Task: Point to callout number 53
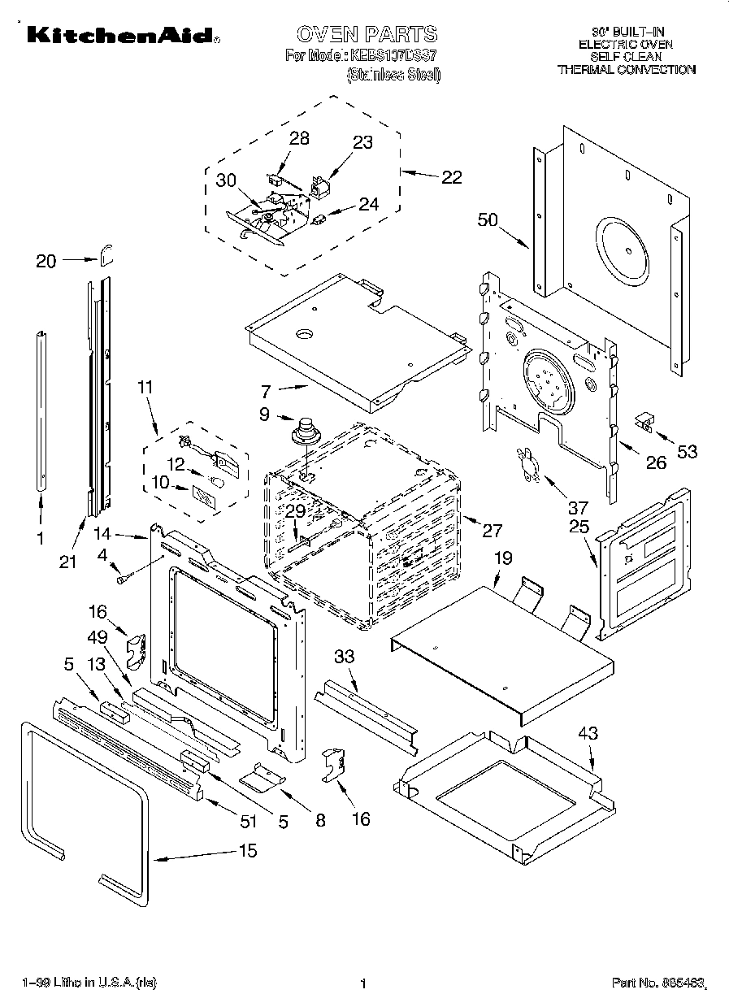[x=687, y=451]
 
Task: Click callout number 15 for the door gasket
[x=248, y=850]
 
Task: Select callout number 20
[x=46, y=260]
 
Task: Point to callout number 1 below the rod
[x=41, y=537]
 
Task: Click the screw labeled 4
[x=124, y=579]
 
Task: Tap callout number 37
[x=577, y=508]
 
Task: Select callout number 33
[x=344, y=656]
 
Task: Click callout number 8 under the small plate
[x=320, y=820]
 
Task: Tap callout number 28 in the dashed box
[x=299, y=138]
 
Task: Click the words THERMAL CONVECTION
[x=626, y=70]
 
